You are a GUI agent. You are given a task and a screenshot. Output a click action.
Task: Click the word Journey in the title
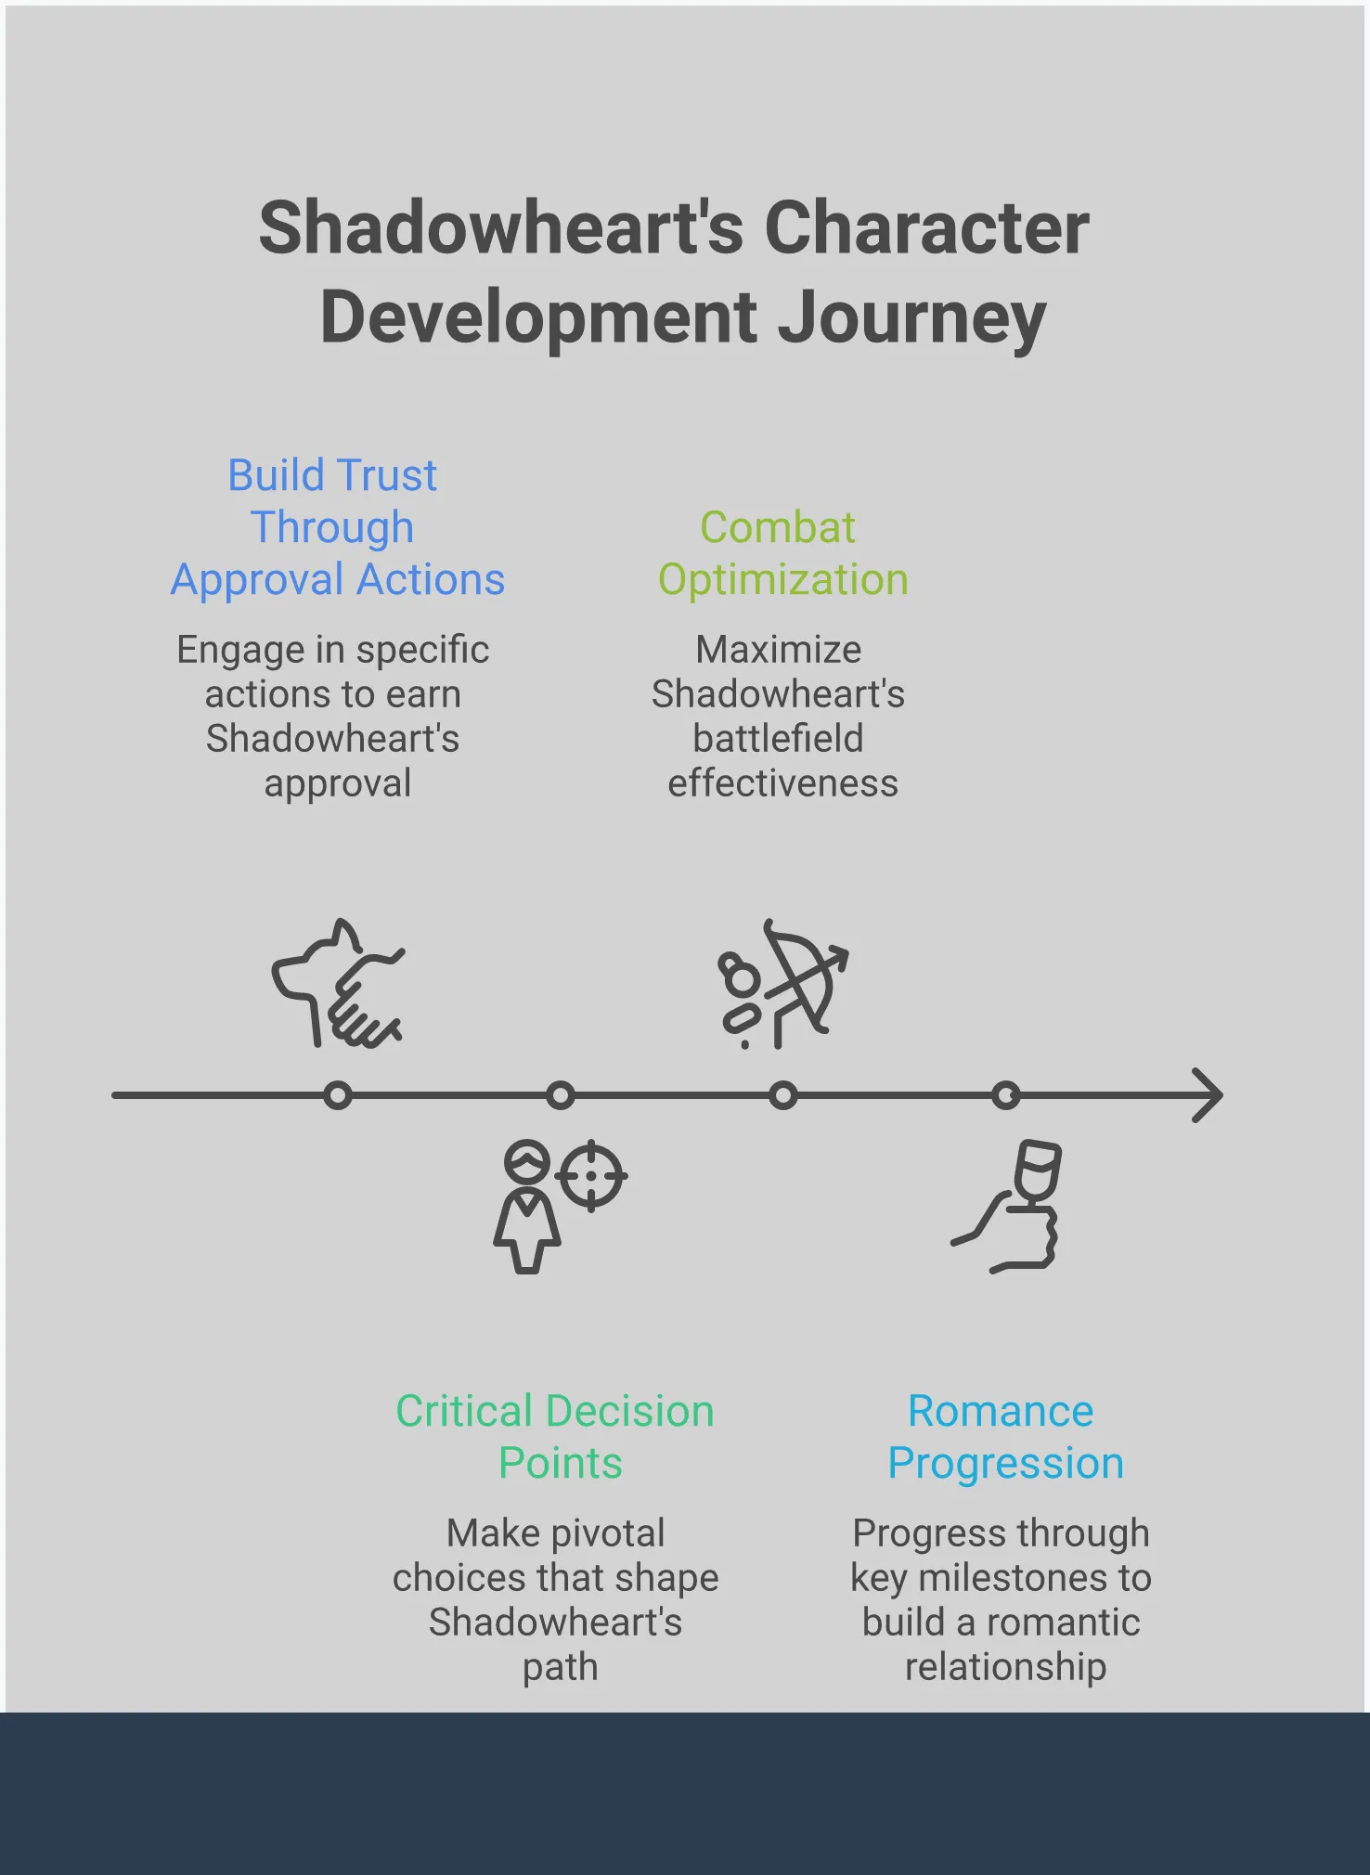911,318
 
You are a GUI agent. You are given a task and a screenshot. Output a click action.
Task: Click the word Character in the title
926,228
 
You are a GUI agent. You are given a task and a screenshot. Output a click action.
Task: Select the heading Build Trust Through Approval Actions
336,527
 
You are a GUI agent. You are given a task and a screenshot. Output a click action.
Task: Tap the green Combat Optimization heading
782,553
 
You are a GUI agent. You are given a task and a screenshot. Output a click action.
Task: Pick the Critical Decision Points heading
555,1437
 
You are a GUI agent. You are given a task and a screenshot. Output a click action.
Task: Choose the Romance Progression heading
1004,1437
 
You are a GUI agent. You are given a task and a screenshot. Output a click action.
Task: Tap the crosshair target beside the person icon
591,1176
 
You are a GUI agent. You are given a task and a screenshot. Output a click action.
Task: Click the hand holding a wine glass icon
1012,1207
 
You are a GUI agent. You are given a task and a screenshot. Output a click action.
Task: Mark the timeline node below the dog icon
338,1096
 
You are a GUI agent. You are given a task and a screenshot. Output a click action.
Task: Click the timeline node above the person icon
561,1096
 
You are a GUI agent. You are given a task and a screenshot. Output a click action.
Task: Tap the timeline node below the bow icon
783,1096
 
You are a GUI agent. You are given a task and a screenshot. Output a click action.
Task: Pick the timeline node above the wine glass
1006,1096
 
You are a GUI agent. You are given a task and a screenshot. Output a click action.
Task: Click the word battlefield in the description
778,739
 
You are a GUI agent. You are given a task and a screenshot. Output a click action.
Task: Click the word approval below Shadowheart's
338,784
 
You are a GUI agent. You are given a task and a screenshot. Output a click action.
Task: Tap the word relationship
1006,1667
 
